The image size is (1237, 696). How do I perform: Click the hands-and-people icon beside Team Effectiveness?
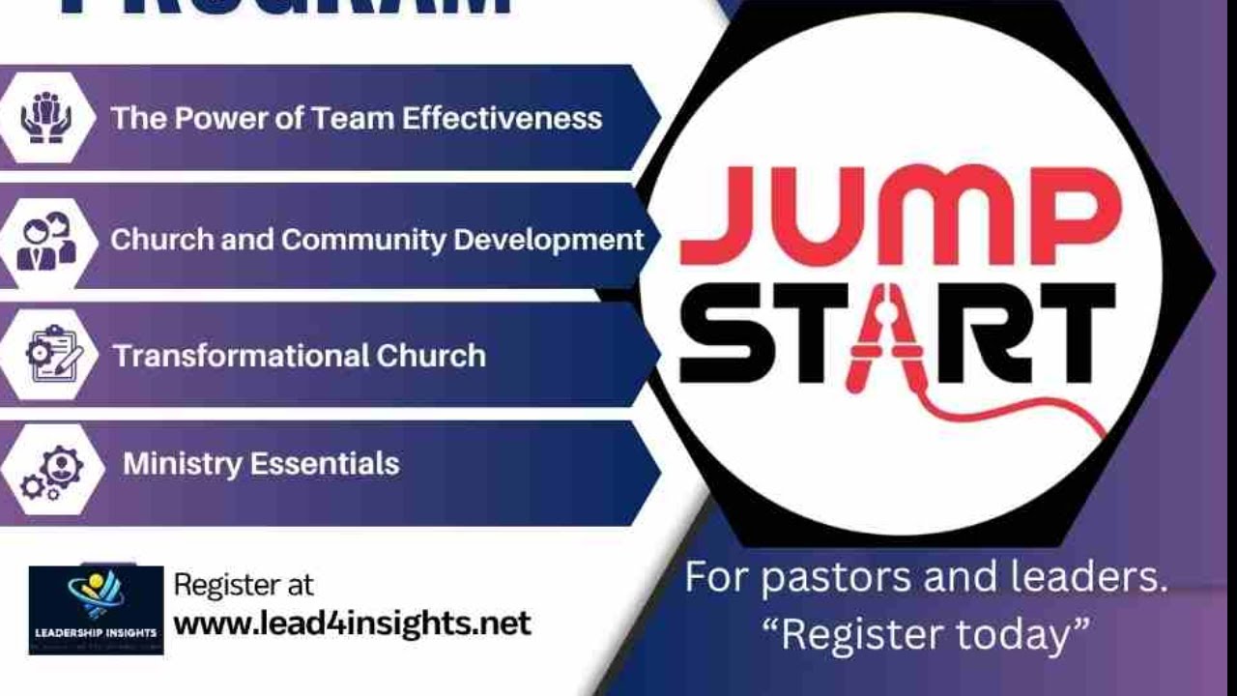point(46,118)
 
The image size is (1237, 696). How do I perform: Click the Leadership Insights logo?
point(96,610)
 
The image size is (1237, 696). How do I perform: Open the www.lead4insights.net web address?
point(352,623)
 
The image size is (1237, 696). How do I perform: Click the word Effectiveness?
point(502,118)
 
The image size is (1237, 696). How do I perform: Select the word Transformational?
point(241,356)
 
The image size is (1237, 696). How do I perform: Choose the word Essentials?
point(325,463)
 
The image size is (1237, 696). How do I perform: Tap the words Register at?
point(244,585)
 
